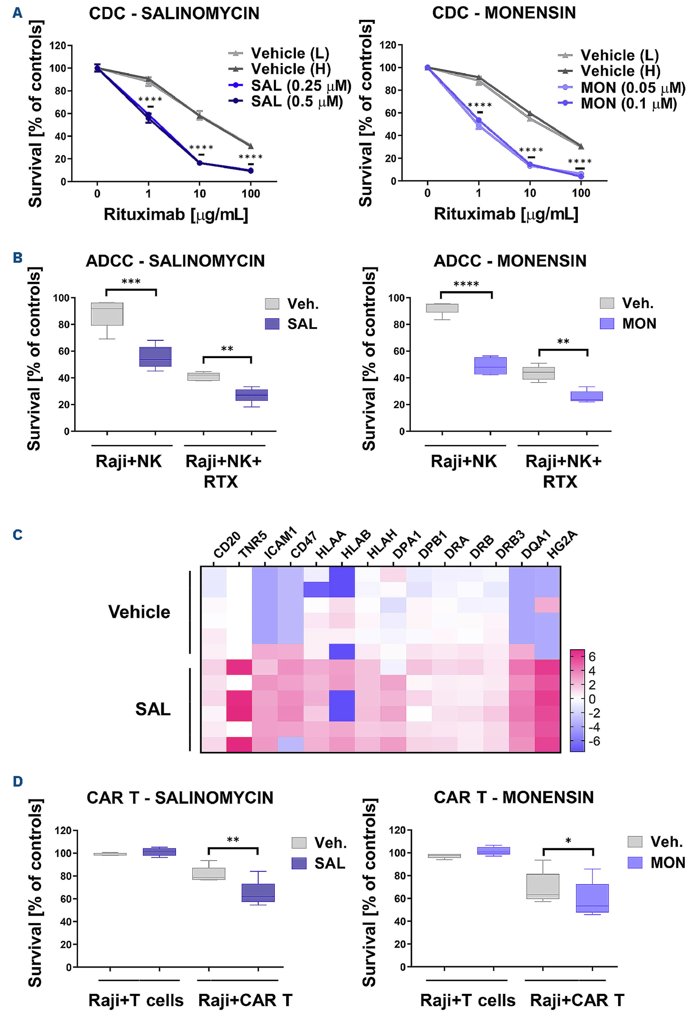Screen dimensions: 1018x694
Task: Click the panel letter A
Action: pyautogui.click(x=17, y=13)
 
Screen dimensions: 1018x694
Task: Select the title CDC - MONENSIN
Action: pyautogui.click(x=503, y=13)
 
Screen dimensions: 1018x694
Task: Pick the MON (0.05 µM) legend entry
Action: pyautogui.click(x=632, y=88)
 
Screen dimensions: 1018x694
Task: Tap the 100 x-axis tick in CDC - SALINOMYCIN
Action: pyautogui.click(x=251, y=193)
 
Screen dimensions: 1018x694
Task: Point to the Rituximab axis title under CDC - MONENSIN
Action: pyautogui.click(x=506, y=214)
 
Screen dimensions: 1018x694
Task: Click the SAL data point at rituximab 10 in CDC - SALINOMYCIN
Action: pyautogui.click(x=200, y=163)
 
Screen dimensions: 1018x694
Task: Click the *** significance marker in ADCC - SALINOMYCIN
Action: pyautogui.click(x=131, y=281)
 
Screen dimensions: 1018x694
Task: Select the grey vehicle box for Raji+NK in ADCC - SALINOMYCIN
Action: pyautogui.click(x=107, y=314)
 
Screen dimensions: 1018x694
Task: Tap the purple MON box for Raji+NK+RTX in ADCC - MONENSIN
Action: pyautogui.click(x=586, y=396)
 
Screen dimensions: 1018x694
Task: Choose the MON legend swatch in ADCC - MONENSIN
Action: pyautogui.click(x=607, y=323)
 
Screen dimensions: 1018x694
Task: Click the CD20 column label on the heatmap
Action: pyautogui.click(x=227, y=545)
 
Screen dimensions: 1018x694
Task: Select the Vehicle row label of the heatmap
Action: pyautogui.click(x=139, y=612)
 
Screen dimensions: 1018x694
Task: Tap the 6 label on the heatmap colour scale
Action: pyautogui.click(x=592, y=657)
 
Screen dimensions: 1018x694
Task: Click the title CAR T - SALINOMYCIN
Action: pyautogui.click(x=180, y=797)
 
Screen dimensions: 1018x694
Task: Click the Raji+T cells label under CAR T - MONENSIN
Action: pyautogui.click(x=467, y=1001)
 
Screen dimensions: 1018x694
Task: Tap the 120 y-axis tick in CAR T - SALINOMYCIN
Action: pyautogui.click(x=63, y=831)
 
